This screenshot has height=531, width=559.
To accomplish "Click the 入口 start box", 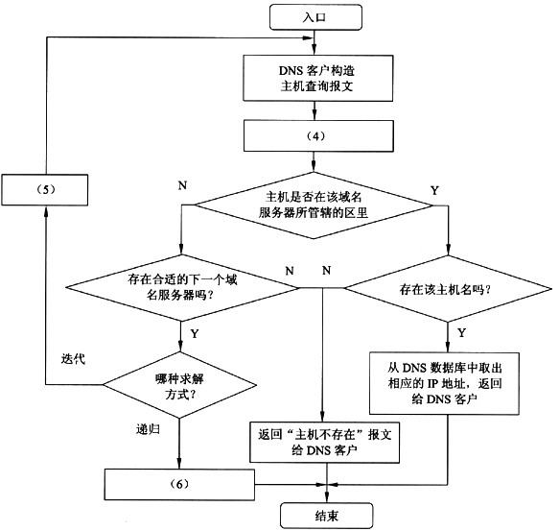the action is point(315,17).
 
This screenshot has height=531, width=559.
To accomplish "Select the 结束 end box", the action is point(327,516).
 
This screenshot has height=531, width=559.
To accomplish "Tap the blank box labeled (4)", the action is point(318,136).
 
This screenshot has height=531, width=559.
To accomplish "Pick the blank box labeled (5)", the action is point(44,189).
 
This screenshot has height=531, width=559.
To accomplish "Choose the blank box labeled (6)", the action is point(179,485).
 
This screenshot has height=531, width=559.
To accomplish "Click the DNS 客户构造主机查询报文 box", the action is point(318,78).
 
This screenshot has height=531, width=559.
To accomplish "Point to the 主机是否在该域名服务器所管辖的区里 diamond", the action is point(314,205).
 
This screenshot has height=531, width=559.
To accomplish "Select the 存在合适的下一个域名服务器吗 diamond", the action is point(182,288).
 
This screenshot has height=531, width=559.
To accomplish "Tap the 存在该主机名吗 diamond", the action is point(448,289).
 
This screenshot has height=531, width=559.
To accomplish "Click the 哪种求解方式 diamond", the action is point(179,385).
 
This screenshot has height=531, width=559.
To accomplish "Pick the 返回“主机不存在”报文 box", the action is point(324,443).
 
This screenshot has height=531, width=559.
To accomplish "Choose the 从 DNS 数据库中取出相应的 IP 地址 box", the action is point(444,383).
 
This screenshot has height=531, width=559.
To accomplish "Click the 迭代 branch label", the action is point(73,358).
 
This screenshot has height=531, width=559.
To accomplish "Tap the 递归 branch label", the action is point(148,429).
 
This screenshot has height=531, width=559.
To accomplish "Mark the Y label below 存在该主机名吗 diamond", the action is point(461,333).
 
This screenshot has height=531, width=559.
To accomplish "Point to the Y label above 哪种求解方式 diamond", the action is point(195,334).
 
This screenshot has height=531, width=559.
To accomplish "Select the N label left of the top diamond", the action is point(182,185).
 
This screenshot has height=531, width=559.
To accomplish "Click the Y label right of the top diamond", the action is point(434,190).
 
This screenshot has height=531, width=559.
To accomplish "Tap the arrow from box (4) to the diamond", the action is point(314,161).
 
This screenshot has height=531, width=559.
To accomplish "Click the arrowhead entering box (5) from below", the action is point(45,210).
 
